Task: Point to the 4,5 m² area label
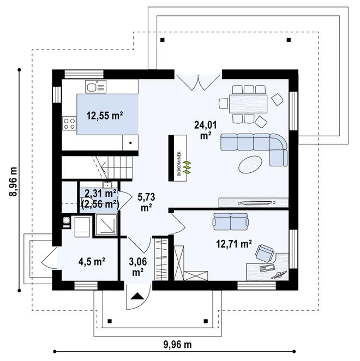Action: click(x=91, y=261)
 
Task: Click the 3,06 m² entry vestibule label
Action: click(x=137, y=266)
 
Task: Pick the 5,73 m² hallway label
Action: click(x=145, y=202)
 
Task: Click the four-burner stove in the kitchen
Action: click(x=69, y=123)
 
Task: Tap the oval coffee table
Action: click(x=251, y=163)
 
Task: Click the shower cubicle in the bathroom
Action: click(x=105, y=225)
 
